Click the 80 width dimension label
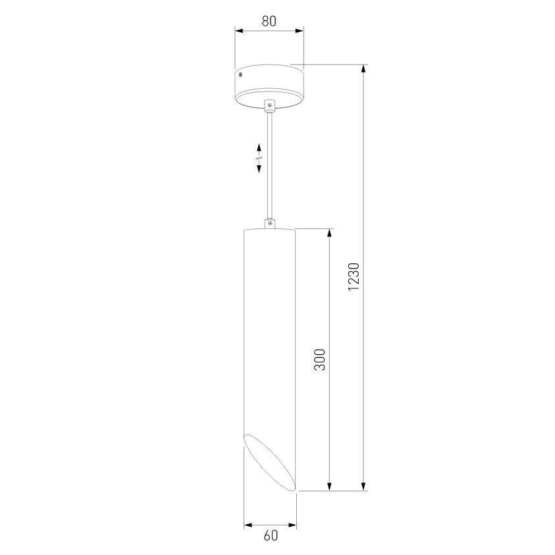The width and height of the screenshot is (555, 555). tap(269, 20)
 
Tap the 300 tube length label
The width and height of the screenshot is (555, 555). tap(320, 359)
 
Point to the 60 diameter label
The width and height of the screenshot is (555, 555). tap(271, 536)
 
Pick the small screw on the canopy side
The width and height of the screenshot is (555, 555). tap(240, 77)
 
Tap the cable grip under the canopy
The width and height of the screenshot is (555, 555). tap(269, 105)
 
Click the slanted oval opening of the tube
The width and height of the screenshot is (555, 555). tap(270, 463)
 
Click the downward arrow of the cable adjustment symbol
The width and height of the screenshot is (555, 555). tap(259, 169)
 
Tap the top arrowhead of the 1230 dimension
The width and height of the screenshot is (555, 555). tap(363, 68)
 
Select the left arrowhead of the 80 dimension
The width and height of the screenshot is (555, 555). tap(239, 30)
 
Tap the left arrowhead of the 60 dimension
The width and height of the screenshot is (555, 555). tap(248, 525)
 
